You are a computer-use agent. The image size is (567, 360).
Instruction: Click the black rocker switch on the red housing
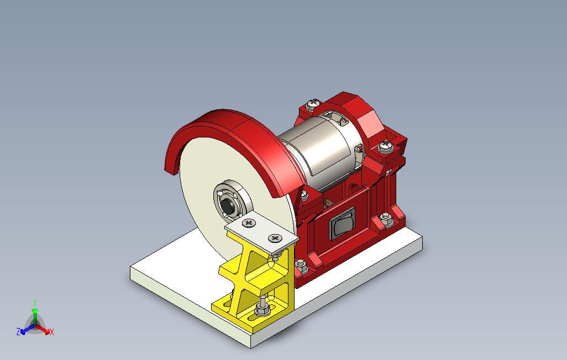pyautogui.click(x=342, y=224)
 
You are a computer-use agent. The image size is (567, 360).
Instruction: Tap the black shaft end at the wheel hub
pyautogui.click(x=227, y=206)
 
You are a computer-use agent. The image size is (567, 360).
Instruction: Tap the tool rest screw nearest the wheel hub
pyautogui.click(x=249, y=223)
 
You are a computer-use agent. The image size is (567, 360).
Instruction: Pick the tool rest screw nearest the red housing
pyautogui.click(x=276, y=238)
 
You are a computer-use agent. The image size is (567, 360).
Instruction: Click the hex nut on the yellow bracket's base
pyautogui.click(x=261, y=310)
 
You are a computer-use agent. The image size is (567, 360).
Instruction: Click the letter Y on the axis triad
pyautogui.click(x=35, y=302)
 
